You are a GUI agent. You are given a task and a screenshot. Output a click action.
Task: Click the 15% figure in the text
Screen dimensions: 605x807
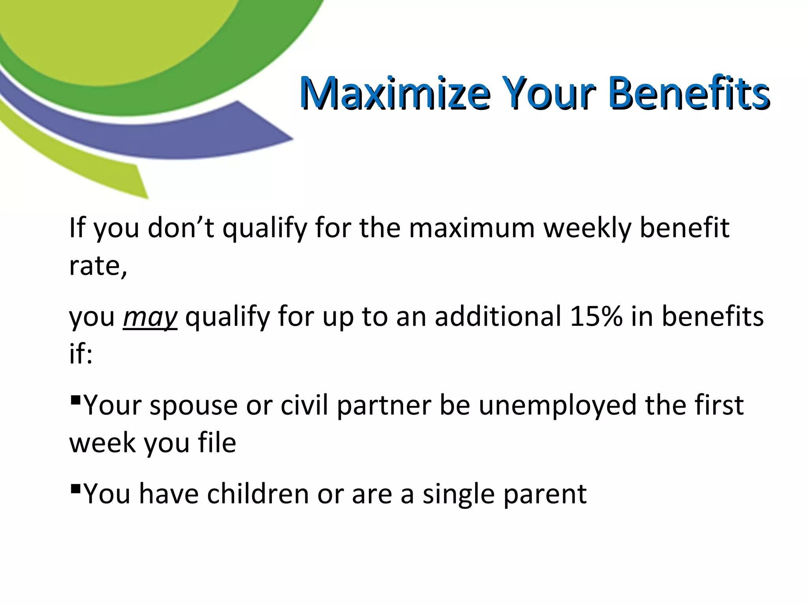click(x=596, y=316)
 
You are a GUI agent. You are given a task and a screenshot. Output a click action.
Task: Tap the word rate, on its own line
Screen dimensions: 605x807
click(x=98, y=266)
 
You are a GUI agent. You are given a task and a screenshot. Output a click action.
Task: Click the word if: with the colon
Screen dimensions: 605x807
click(x=81, y=353)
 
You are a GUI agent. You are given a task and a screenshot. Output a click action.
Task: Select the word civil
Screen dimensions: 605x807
click(x=304, y=405)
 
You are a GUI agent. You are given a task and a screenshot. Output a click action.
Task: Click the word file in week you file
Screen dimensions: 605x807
click(x=216, y=443)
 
